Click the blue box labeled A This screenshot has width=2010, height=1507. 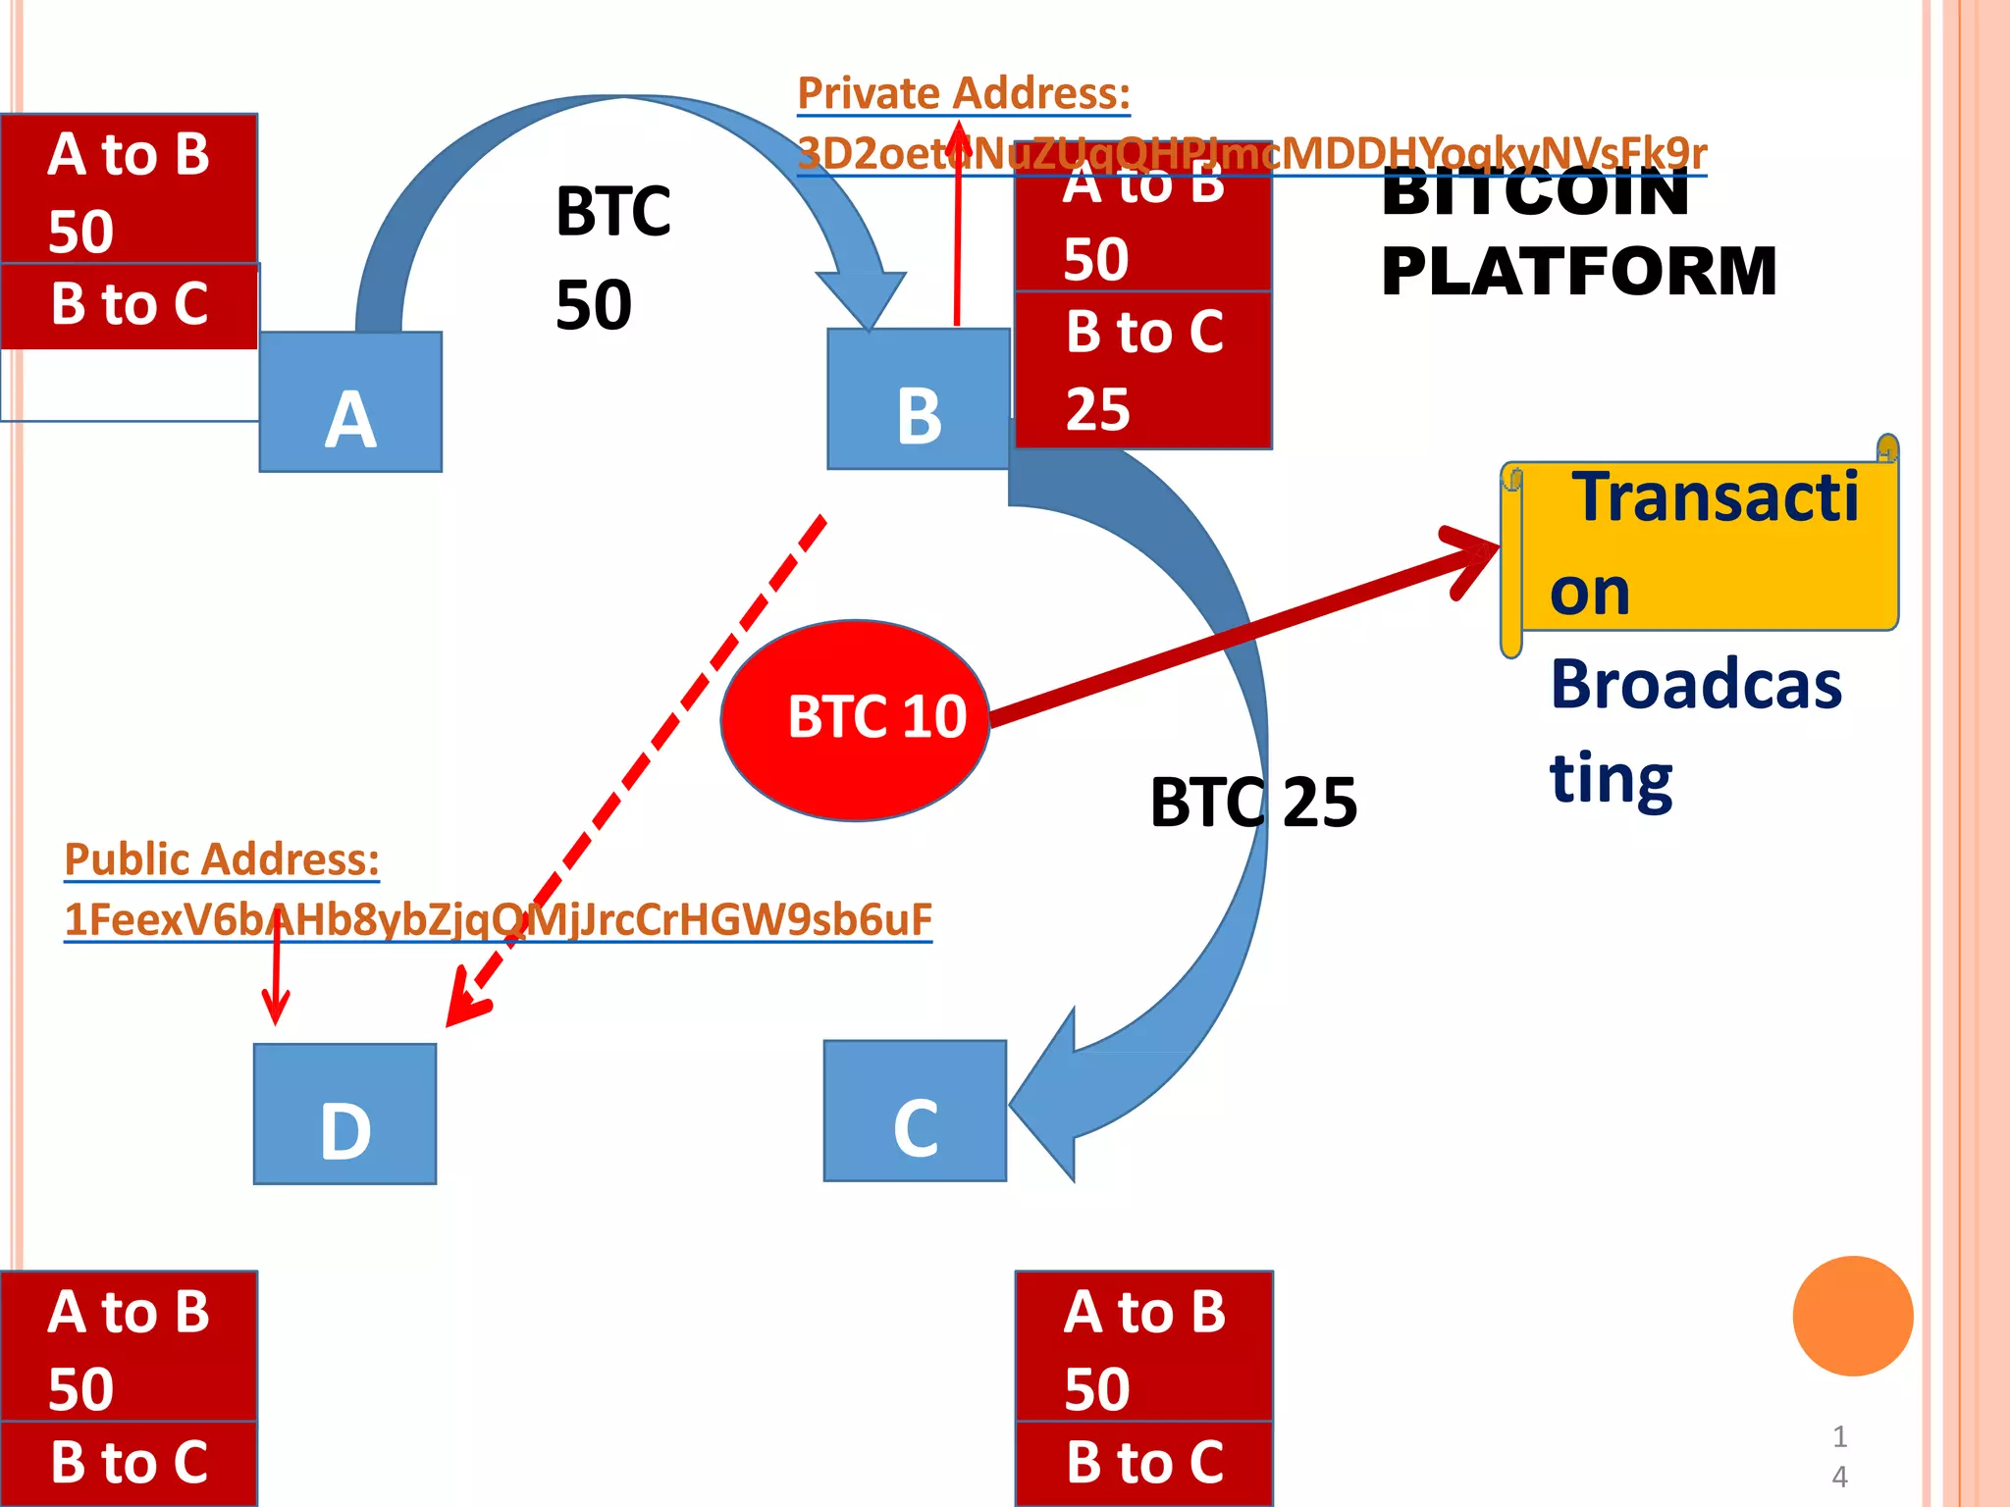(350, 402)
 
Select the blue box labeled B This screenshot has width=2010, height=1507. (919, 399)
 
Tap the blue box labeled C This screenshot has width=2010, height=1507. (915, 1111)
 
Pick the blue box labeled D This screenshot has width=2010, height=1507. (344, 1114)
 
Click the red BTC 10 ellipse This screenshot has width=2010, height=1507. (856, 719)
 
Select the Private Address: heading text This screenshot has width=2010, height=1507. (963, 94)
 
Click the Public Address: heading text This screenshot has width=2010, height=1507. (222, 859)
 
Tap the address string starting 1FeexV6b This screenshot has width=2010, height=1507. (498, 919)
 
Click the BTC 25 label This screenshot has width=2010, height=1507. (1253, 803)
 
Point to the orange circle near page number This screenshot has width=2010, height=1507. (1852, 1316)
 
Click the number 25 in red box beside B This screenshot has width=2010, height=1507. (1098, 409)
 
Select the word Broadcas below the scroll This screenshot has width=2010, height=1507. (1696, 684)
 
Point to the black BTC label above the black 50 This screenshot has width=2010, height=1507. (612, 211)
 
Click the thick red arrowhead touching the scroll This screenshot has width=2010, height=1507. (1471, 555)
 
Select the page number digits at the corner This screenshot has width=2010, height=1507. (1839, 1456)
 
